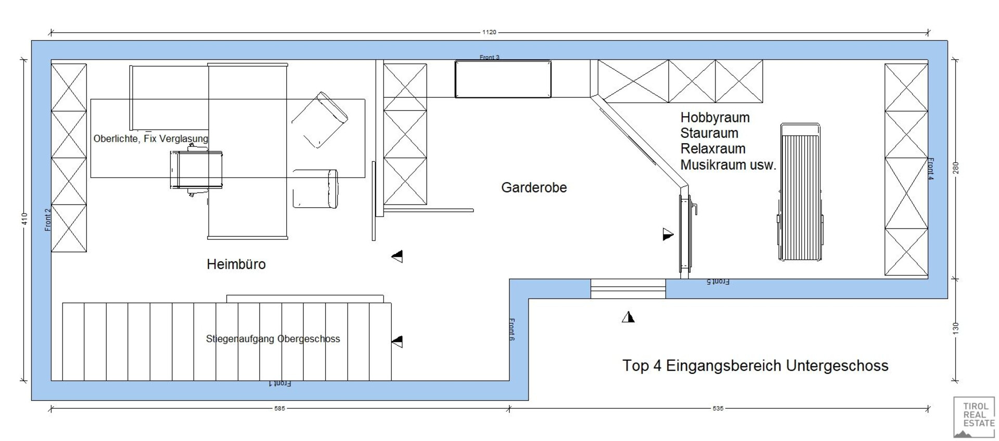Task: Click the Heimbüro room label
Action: (236, 264)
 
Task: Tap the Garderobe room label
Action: (534, 187)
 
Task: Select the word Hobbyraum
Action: (715, 118)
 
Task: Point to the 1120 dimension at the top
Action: (489, 32)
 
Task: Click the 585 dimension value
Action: (280, 409)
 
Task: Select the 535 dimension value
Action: (718, 409)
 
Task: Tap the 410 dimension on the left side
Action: (24, 219)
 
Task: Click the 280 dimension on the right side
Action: (955, 168)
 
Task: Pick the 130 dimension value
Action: (955, 328)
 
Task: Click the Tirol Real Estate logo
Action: (974, 417)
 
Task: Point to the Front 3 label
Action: (490, 57)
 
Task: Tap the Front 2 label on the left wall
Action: (48, 220)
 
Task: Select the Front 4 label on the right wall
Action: (931, 169)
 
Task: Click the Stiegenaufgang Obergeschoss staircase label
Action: (273, 339)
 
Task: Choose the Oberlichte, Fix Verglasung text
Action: (151, 138)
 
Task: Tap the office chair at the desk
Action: (197, 170)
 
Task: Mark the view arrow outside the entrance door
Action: (628, 317)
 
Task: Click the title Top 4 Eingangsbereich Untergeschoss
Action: (755, 366)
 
